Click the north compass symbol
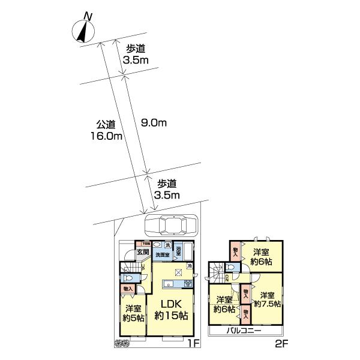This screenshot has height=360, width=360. point(82,30)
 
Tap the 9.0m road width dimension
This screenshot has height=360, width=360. point(153,123)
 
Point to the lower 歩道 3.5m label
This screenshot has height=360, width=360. point(167,190)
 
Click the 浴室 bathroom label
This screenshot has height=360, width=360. point(179,252)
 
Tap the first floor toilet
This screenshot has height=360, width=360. point(128,278)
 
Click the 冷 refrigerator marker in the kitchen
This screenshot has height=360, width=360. point(190,266)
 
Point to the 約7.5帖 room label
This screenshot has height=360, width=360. point(268,300)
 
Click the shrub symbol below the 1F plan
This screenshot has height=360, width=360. point(122,343)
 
